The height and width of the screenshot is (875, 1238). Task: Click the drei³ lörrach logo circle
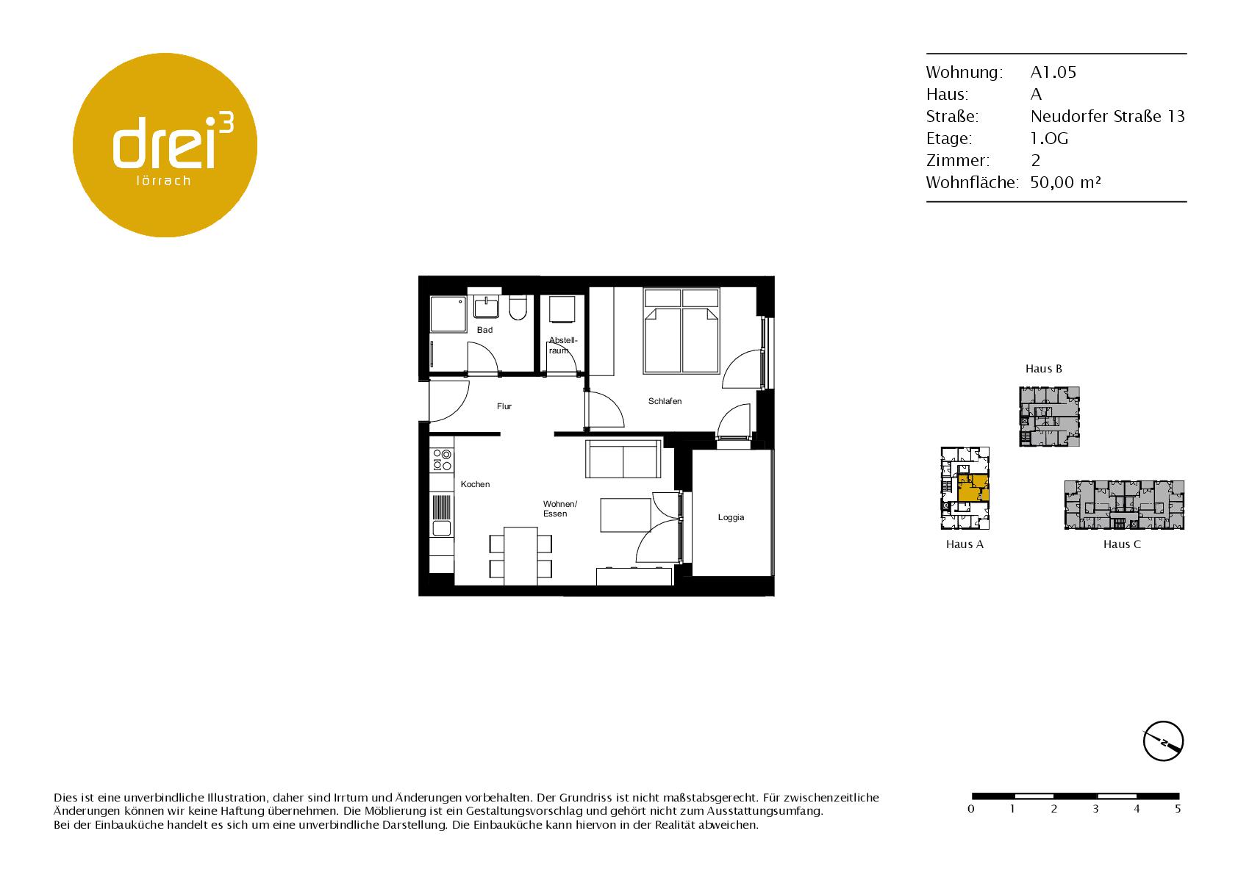click(165, 145)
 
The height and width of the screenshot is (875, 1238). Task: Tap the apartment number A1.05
click(1053, 72)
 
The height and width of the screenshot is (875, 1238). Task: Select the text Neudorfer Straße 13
click(1108, 117)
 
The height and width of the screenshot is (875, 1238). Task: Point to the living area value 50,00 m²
click(1065, 182)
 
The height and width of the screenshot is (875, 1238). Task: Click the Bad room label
click(484, 330)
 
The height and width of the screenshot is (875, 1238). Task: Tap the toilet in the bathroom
click(518, 309)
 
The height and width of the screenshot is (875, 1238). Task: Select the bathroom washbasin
click(487, 307)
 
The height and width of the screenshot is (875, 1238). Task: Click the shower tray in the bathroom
click(448, 314)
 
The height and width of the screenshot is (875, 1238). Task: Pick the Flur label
click(504, 406)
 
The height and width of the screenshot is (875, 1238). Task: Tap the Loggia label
click(731, 518)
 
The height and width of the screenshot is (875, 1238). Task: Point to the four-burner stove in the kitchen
click(442, 460)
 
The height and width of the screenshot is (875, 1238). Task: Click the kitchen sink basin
click(442, 529)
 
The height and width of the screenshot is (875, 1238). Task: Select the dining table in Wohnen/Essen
click(520, 555)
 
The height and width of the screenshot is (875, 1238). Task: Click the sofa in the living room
click(623, 459)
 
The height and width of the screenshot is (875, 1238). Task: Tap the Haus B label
click(1043, 369)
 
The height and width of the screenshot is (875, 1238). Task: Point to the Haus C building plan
click(1124, 505)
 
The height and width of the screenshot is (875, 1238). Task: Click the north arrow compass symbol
click(1164, 741)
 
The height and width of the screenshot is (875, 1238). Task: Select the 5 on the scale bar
click(1178, 809)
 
